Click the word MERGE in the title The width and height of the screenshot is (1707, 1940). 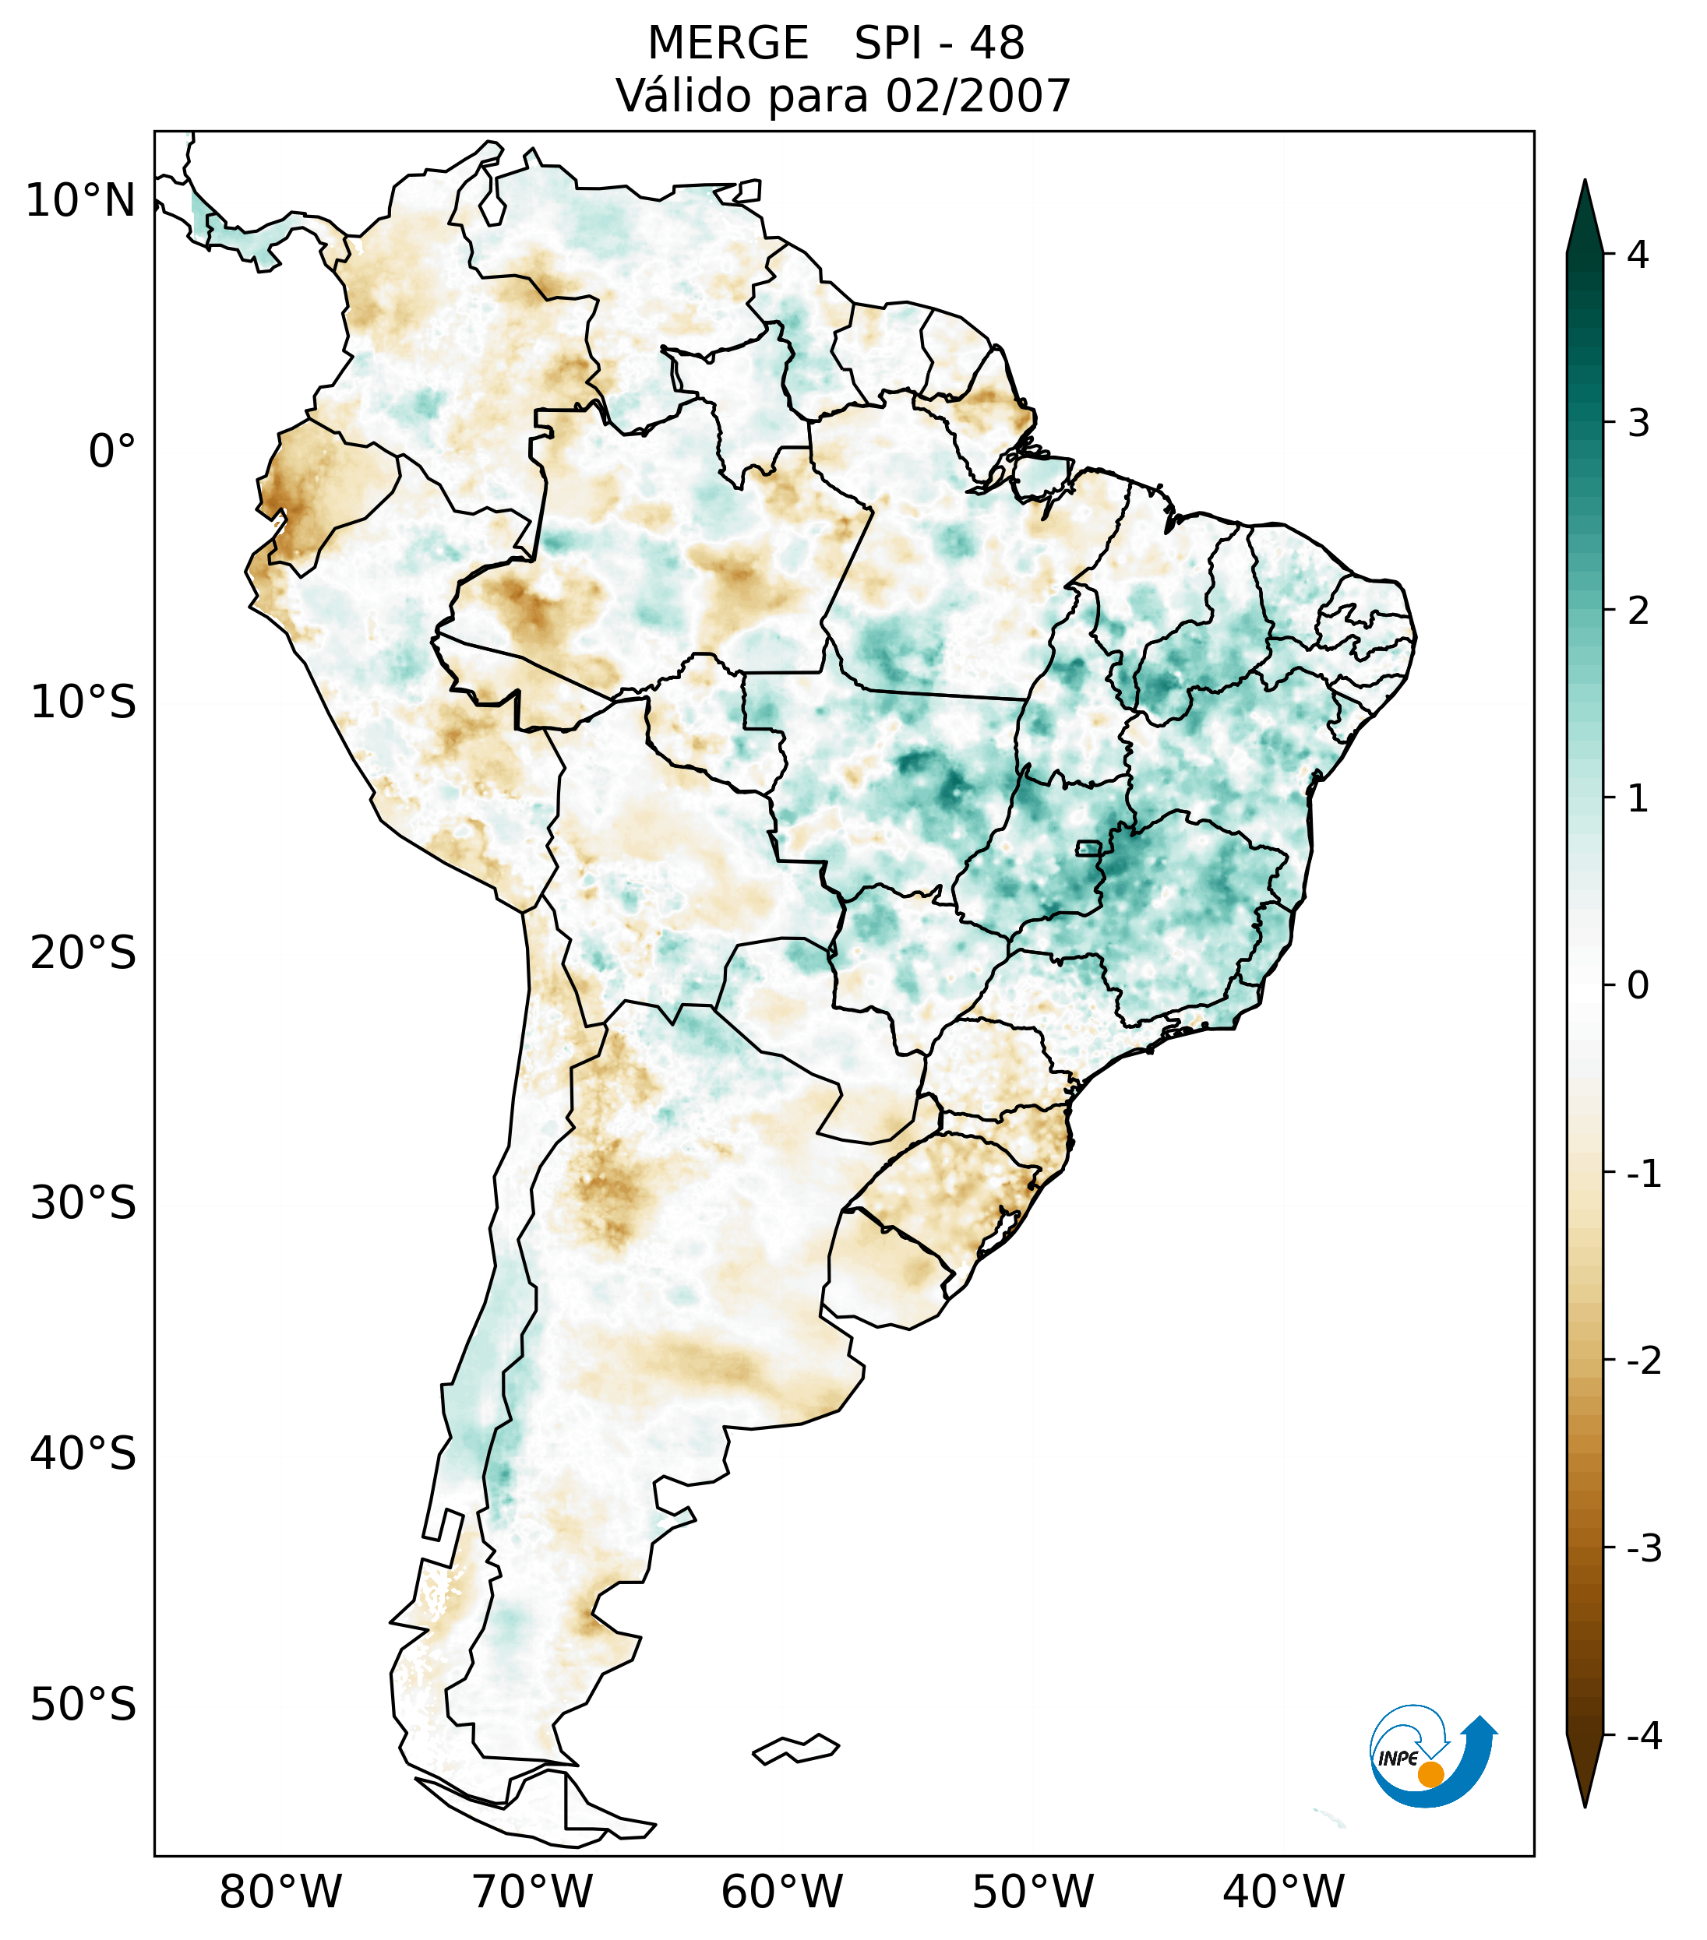(x=727, y=44)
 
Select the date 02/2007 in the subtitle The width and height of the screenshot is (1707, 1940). (x=978, y=96)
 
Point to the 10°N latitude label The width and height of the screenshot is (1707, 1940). (x=81, y=201)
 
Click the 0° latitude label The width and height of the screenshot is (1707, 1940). (x=111, y=452)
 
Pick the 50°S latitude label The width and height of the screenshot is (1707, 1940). (x=83, y=1705)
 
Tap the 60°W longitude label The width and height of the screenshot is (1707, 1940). (x=781, y=1892)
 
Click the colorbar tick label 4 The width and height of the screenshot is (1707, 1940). (x=1637, y=255)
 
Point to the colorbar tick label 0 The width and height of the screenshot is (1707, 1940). (x=1637, y=985)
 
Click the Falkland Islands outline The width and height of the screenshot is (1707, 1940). (x=795, y=1748)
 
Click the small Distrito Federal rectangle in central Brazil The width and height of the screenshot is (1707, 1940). (x=1089, y=847)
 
